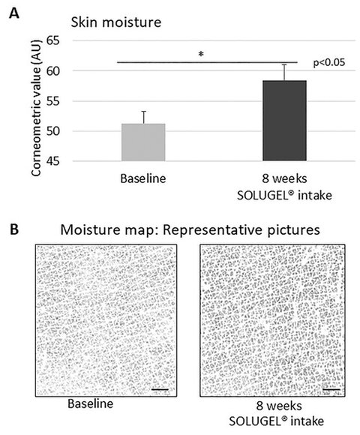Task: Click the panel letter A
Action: click(x=14, y=13)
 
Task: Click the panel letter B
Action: click(x=14, y=230)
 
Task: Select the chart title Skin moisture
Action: click(x=116, y=22)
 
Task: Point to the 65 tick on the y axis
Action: click(x=53, y=40)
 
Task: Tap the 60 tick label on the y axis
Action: click(x=53, y=71)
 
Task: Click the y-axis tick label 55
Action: click(x=53, y=101)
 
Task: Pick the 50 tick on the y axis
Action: click(x=53, y=131)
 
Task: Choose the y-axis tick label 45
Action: click(x=53, y=161)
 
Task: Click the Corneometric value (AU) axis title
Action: click(x=36, y=108)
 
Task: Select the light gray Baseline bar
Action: click(x=143, y=142)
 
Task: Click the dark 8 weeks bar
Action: click(x=284, y=121)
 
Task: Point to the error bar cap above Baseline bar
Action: click(x=144, y=112)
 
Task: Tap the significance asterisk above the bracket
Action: click(x=201, y=54)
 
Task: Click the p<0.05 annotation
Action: click(x=329, y=63)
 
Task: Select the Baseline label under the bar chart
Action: click(x=143, y=178)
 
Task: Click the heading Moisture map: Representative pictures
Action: click(x=190, y=230)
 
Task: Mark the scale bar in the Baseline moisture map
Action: click(x=160, y=390)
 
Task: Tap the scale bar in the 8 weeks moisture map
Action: click(x=331, y=390)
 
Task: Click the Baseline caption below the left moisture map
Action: click(x=91, y=403)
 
